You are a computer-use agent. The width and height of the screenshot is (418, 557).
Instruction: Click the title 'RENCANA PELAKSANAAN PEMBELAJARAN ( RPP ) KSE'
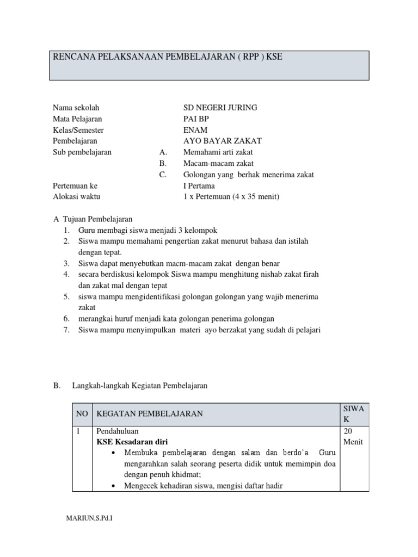167,57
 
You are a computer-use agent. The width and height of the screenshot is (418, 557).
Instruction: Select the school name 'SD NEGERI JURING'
220,108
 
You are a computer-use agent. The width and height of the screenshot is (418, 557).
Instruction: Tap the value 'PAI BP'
196,119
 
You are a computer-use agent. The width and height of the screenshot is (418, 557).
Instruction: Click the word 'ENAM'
195,130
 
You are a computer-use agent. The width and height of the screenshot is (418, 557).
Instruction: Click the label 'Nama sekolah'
76,108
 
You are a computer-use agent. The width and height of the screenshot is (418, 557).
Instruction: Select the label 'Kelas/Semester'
78,130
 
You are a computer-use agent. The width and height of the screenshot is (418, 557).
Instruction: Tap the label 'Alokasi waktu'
76,197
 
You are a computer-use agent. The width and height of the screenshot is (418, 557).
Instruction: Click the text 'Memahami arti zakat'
218,152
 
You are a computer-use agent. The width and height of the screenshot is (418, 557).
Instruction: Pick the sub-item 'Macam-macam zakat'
218,164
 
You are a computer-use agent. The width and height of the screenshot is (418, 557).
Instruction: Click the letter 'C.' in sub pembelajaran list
163,175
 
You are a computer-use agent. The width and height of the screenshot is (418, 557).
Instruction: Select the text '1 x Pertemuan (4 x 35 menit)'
231,197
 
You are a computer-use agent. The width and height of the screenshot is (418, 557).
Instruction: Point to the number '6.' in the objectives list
66,319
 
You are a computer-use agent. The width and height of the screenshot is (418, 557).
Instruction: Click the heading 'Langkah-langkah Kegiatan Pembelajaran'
139,386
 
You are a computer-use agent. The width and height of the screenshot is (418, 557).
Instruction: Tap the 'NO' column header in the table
82,414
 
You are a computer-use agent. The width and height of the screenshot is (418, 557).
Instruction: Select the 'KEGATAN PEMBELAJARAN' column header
150,414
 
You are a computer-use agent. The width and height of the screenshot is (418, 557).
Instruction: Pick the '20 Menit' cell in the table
353,436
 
